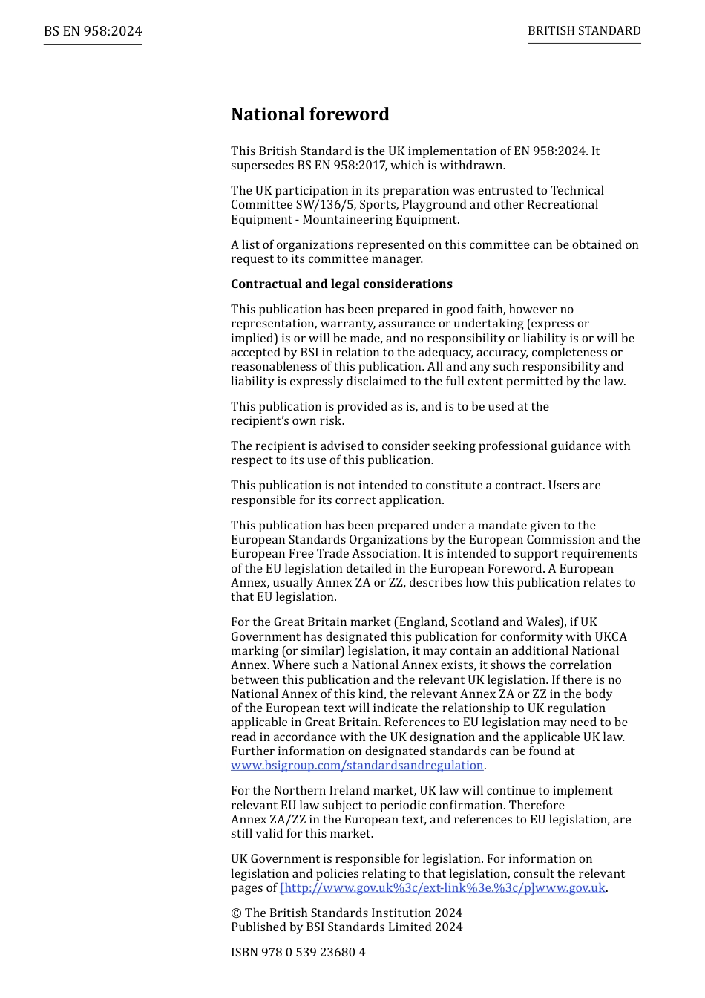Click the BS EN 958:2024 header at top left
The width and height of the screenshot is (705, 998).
tap(93, 31)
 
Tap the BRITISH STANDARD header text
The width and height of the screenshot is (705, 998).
tap(584, 31)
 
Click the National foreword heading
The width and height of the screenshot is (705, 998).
tap(309, 114)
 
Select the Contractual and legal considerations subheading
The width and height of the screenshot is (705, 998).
tap(341, 284)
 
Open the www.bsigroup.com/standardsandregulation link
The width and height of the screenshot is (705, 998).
tap(357, 766)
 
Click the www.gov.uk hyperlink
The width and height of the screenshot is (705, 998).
tap(442, 888)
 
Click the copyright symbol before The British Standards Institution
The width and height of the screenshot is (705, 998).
tap(235, 913)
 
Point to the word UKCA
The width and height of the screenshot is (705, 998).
tap(611, 637)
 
